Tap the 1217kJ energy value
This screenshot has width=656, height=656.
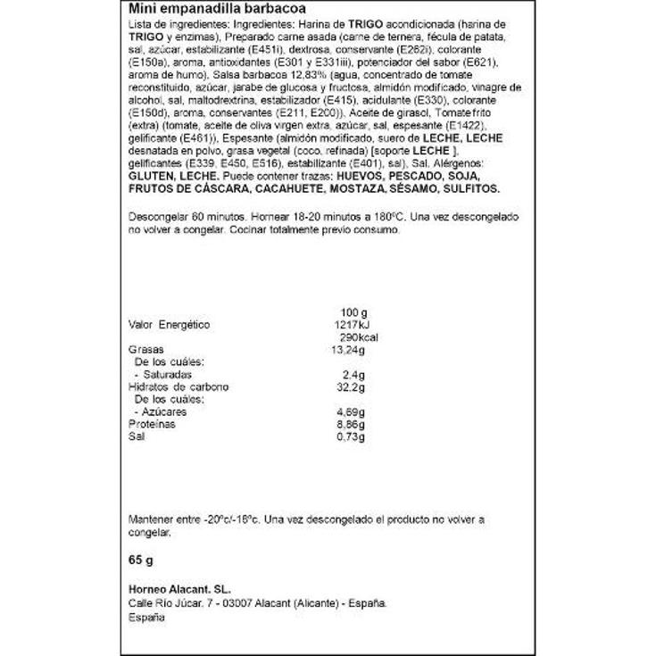pyautogui.click(x=350, y=323)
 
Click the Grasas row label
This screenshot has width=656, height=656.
pyautogui.click(x=147, y=349)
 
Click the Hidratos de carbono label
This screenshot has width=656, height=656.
pyautogui.click(x=179, y=387)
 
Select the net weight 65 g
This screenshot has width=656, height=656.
pyautogui.click(x=142, y=562)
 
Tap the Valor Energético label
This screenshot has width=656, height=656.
pyautogui.click(x=169, y=323)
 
